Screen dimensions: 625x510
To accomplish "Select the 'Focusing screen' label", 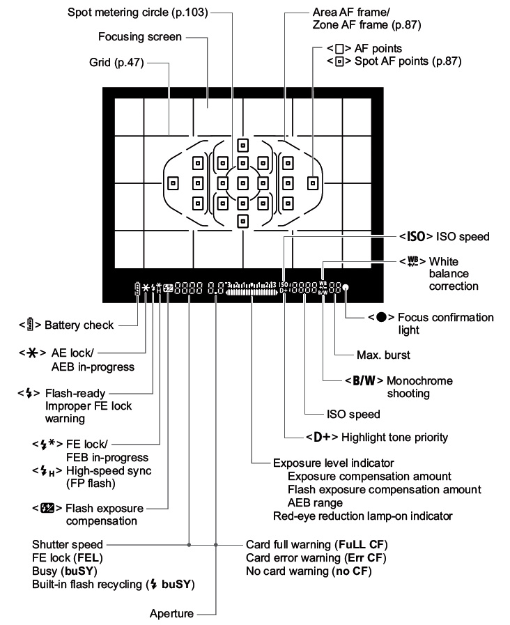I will pos(142,36).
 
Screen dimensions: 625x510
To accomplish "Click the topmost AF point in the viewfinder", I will pos(242,145).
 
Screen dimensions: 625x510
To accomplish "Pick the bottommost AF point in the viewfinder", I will pos(242,221).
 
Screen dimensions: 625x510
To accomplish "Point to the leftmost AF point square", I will pos(174,183).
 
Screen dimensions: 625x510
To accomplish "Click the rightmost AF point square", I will pos(313,183).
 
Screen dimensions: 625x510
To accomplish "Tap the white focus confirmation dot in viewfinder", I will pos(346,288).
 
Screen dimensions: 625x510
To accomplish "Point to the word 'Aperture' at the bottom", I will pos(171,614).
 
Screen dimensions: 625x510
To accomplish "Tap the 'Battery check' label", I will pos(77,325).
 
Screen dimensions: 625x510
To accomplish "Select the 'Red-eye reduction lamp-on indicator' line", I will pos(362,516).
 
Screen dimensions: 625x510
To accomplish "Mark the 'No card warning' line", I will pos(309,572).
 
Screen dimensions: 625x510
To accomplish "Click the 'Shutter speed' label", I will pos(67,544).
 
